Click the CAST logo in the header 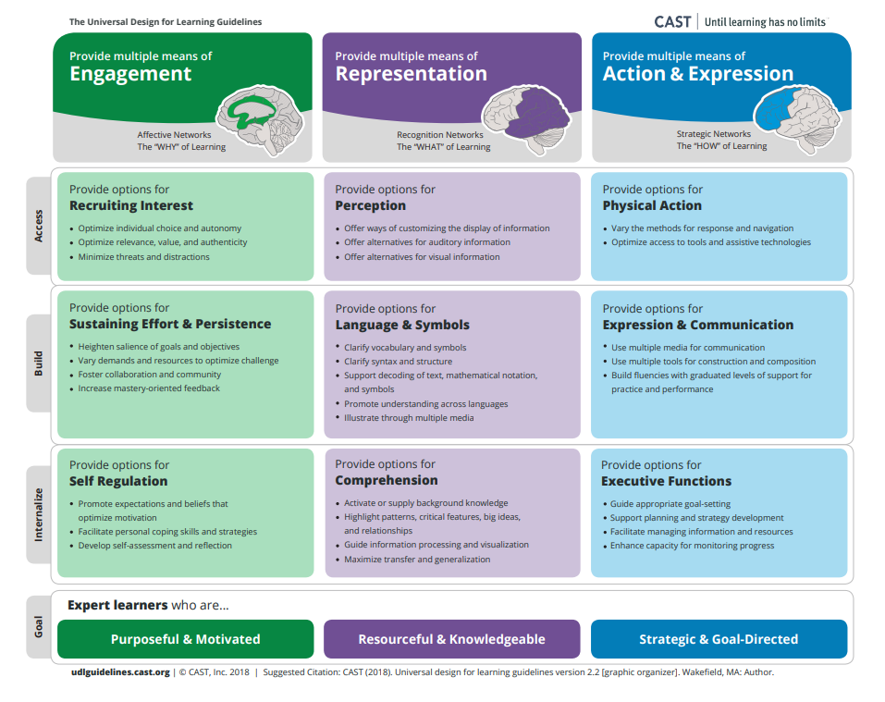[672, 22]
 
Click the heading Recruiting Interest [131, 205]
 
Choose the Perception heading [370, 205]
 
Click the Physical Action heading [652, 205]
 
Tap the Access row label [39, 226]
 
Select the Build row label [39, 363]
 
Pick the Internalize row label [39, 514]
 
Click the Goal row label [39, 626]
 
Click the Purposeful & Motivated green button [186, 639]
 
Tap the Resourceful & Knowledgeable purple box [451, 639]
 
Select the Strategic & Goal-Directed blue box [719, 639]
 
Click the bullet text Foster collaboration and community [150, 375]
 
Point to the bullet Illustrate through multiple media [409, 417]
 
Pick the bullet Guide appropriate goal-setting [670, 503]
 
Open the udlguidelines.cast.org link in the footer [120, 672]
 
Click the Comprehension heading [386, 480]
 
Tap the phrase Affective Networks [174, 134]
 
